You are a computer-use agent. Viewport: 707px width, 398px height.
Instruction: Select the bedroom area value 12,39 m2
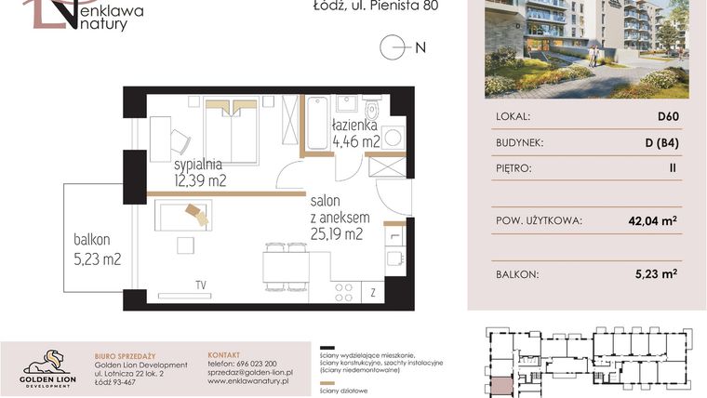coord(200,179)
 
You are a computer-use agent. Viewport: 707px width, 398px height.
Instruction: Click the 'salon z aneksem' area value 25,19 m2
coord(337,233)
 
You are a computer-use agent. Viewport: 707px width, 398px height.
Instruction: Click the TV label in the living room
coord(200,285)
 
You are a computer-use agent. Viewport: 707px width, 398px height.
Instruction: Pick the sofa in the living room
coord(182,215)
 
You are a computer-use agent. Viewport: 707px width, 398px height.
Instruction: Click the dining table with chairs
coord(286,267)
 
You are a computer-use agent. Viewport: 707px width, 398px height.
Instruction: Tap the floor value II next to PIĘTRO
coord(672,169)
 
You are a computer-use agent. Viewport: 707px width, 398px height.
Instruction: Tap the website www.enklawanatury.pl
coord(247,381)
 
